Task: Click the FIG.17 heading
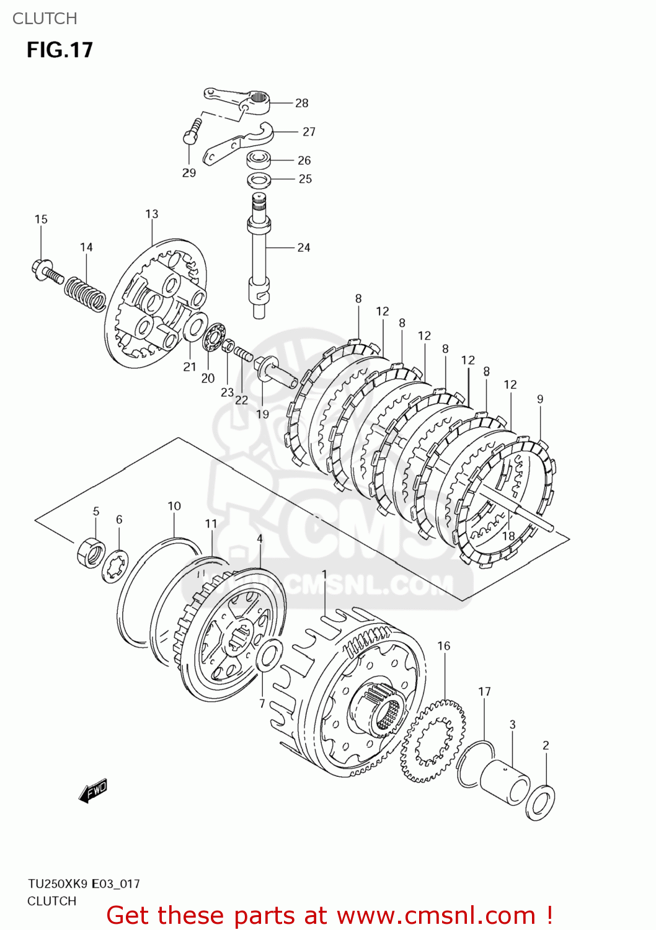coord(60,50)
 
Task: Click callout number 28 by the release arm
coord(301,103)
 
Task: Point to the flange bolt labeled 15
coord(46,270)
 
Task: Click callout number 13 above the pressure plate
coord(152,214)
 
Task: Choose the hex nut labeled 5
coord(91,551)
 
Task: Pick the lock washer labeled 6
coord(115,566)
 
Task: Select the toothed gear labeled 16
coord(433,740)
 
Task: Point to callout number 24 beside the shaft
coord(303,247)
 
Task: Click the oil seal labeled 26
coord(259,160)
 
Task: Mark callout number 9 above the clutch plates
coord(540,399)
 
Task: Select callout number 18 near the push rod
coord(508,536)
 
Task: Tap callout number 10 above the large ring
coord(174,506)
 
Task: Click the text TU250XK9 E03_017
coord(84,883)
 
